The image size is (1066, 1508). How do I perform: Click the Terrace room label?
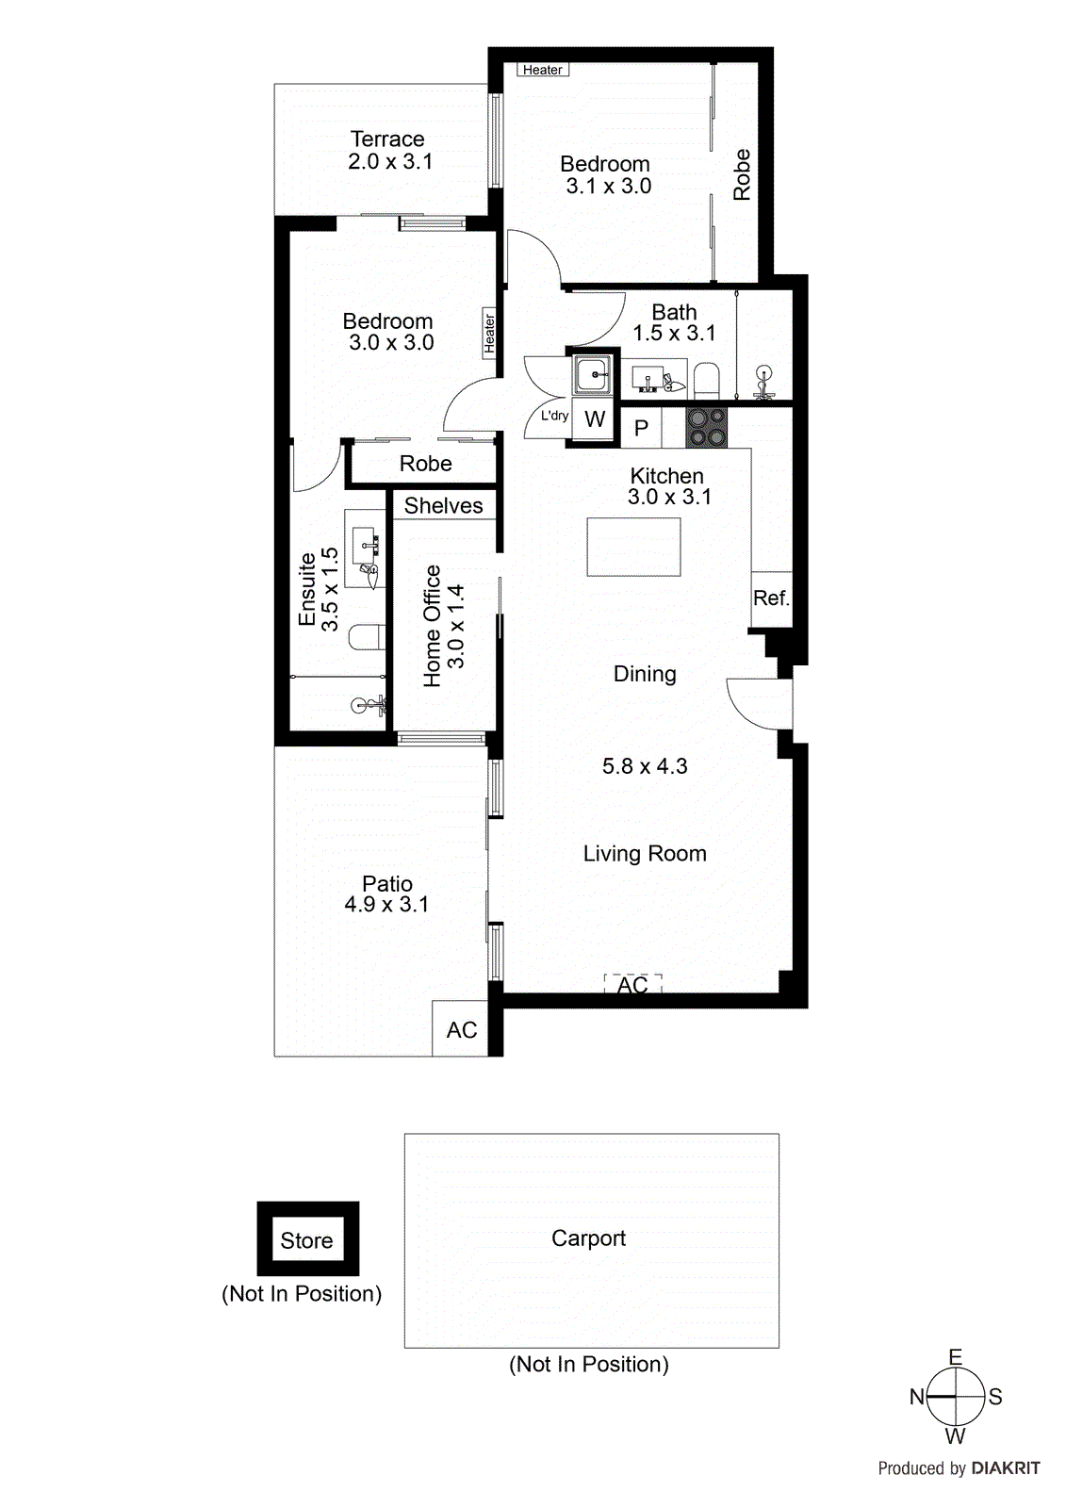tap(387, 139)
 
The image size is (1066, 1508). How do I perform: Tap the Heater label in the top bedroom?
tap(543, 70)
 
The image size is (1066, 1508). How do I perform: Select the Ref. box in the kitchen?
tap(771, 598)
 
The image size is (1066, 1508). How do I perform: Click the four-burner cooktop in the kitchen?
tap(706, 427)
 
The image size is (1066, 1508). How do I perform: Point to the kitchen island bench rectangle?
tap(633, 547)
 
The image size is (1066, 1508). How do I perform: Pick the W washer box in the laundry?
tap(595, 419)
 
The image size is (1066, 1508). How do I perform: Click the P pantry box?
tap(641, 429)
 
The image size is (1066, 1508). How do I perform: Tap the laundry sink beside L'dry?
tap(594, 375)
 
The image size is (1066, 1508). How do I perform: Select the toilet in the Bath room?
tap(706, 381)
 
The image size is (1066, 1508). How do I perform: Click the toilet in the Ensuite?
tap(367, 638)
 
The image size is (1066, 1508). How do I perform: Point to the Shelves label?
tap(444, 506)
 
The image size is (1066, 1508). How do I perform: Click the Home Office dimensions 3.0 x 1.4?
tap(456, 626)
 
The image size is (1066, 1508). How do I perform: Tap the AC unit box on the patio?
tap(461, 1029)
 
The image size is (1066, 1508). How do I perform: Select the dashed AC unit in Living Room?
tap(632, 985)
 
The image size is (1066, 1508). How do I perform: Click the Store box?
tap(307, 1240)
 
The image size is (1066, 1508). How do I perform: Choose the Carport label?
tap(588, 1238)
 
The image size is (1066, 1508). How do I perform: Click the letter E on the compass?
tap(955, 1357)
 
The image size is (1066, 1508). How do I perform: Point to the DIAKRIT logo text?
tap(1006, 1468)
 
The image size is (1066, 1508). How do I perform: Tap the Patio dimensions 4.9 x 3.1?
tap(386, 905)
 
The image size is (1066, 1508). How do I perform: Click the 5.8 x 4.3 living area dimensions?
tap(645, 766)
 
